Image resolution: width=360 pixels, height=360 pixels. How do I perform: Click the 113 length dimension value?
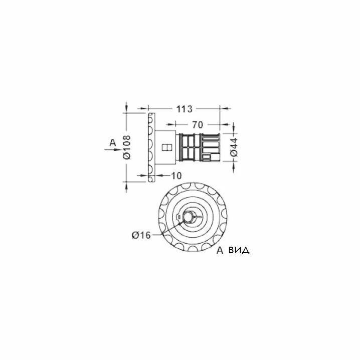pos(184,109)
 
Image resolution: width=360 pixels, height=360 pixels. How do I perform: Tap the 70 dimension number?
pos(198,125)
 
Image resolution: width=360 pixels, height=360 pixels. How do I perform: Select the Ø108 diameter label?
pos(127,147)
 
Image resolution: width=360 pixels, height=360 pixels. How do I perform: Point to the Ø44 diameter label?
pos(234,147)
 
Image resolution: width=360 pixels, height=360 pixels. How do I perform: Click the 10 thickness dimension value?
pos(176,176)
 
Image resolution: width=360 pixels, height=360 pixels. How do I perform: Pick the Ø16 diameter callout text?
pos(141,235)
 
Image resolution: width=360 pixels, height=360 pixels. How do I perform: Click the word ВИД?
pos(239,250)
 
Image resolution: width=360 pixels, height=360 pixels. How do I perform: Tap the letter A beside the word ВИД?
pos(220,250)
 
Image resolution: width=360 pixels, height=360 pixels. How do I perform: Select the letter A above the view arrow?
pos(113,142)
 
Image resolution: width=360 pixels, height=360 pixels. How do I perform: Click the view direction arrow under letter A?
pos(113,150)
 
